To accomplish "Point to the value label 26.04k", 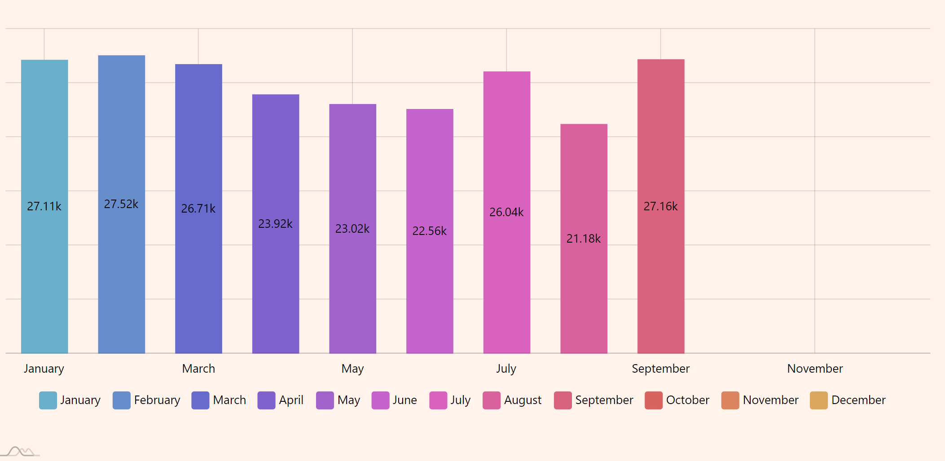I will point(506,212).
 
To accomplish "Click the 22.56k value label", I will point(429,231).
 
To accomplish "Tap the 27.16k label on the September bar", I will point(660,206).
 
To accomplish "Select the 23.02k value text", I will point(352,229).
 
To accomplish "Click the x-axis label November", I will point(815,369).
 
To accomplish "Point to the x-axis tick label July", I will point(506,369).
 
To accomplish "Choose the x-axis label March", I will point(198,369).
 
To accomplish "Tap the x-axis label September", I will point(660,369).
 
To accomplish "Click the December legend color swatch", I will point(818,400).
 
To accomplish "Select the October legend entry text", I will point(687,400).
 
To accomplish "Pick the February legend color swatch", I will point(121,400).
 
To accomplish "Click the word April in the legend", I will point(291,400).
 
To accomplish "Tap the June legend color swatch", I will point(380,400).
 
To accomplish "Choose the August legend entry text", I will point(523,400).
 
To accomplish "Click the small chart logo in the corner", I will point(20,451).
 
